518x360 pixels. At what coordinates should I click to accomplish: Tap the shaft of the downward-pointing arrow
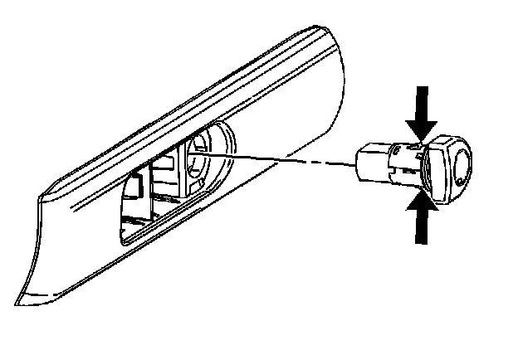(423, 100)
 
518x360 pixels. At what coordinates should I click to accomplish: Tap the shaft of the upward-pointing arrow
(423, 228)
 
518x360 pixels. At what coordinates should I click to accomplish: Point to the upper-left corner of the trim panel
(37, 197)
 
